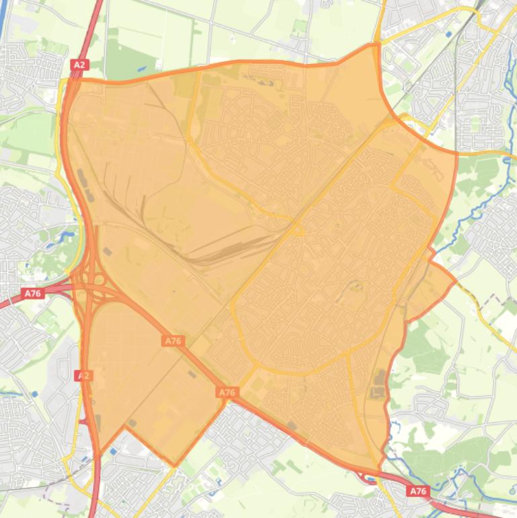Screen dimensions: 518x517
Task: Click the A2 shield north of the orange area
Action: tap(79, 65)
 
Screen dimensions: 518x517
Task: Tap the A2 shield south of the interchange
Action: tap(83, 375)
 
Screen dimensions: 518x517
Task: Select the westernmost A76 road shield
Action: tap(32, 293)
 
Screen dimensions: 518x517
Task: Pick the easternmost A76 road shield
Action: tap(417, 492)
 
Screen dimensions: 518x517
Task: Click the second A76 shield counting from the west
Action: tap(173, 341)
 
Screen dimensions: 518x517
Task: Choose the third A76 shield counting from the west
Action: tap(227, 392)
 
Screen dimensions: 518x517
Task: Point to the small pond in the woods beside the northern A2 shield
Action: tap(139, 68)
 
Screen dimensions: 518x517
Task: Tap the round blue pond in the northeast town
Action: tap(448, 32)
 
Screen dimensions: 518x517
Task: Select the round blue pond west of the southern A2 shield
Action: tap(34, 394)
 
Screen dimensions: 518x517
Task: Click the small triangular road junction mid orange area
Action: tap(296, 230)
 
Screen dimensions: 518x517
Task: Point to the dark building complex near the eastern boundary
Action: tap(379, 383)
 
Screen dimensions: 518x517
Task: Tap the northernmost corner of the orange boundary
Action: tap(374, 45)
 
